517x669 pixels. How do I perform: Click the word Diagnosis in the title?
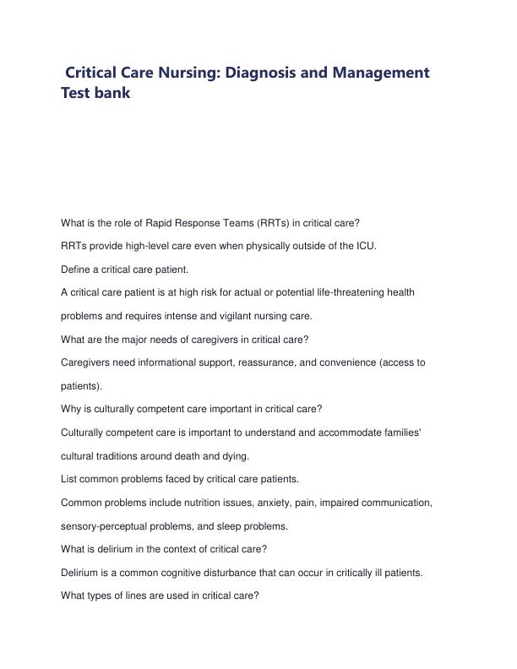coord(252,72)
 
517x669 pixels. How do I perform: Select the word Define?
coord(76,269)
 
